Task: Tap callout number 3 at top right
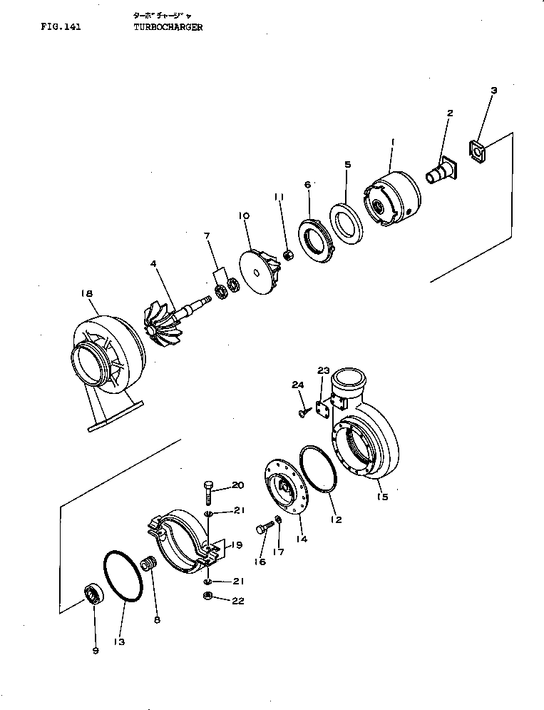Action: [x=493, y=91]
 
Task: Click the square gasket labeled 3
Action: [x=478, y=151]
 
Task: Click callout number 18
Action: [x=86, y=293]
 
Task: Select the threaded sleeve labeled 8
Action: [x=149, y=566]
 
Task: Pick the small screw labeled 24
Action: [x=305, y=412]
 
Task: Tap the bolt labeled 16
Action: [x=262, y=529]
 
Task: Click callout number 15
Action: [x=383, y=497]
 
